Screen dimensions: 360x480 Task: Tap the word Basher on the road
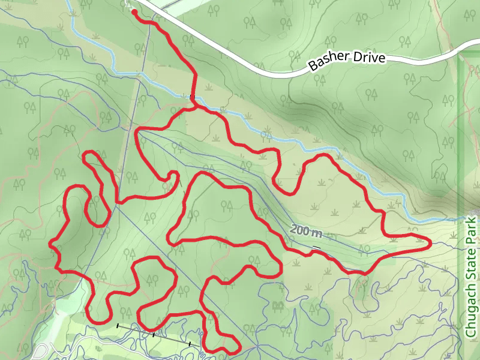tap(327, 62)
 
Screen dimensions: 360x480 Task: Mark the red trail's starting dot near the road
tap(133, 11)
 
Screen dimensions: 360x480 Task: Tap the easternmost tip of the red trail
tap(430, 242)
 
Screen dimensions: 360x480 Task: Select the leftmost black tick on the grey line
tap(118, 326)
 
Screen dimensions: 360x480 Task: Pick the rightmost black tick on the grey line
tap(190, 344)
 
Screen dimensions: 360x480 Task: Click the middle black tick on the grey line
tap(154, 335)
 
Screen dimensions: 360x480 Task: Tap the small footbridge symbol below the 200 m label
tap(316, 247)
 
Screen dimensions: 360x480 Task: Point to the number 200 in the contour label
tap(299, 229)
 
